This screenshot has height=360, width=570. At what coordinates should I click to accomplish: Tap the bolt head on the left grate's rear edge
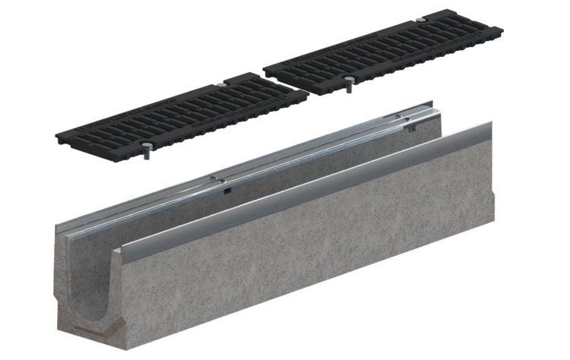219,81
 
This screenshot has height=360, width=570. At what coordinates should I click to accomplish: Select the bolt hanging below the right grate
348,85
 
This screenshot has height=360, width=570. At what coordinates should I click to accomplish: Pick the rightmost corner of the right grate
502,30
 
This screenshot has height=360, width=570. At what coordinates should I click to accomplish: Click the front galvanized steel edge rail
304,193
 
